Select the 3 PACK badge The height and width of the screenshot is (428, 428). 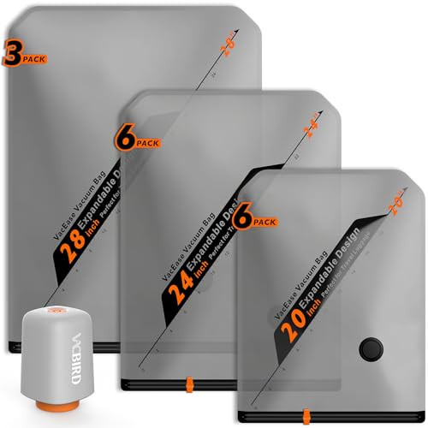click(23, 58)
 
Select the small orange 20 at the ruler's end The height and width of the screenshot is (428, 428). click(397, 194)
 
